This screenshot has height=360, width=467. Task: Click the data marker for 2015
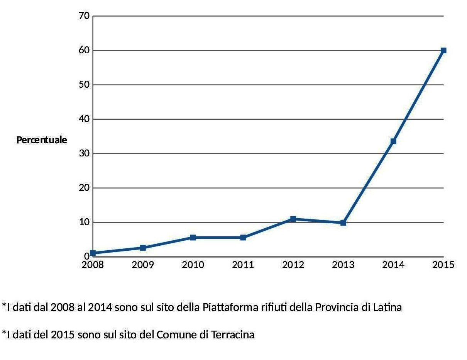pyautogui.click(x=443, y=51)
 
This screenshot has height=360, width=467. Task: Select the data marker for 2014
pyautogui.click(x=393, y=141)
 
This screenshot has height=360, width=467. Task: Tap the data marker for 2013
pyautogui.click(x=343, y=223)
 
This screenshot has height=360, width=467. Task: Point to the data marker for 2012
pyautogui.click(x=293, y=219)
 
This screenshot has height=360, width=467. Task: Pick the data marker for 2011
pyautogui.click(x=243, y=238)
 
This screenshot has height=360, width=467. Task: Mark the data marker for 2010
pyautogui.click(x=193, y=238)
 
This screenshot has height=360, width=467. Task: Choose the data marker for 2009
pyautogui.click(x=143, y=248)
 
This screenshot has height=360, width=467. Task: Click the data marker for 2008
pyautogui.click(x=93, y=253)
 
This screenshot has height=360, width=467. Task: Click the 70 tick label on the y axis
pyautogui.click(x=84, y=16)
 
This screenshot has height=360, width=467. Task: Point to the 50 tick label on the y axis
pyautogui.click(x=84, y=85)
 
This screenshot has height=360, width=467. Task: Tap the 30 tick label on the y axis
pyautogui.click(x=84, y=153)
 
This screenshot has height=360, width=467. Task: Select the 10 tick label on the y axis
pyautogui.click(x=84, y=222)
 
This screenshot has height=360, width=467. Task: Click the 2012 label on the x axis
pyautogui.click(x=293, y=265)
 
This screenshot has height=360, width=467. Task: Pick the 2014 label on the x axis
pyautogui.click(x=393, y=265)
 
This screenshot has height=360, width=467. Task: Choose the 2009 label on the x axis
pyautogui.click(x=143, y=265)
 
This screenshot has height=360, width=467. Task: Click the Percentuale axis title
pyautogui.click(x=42, y=140)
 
